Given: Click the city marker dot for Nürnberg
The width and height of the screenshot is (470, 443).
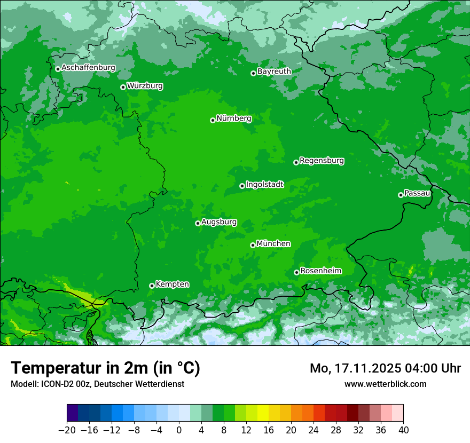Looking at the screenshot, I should tap(213, 120).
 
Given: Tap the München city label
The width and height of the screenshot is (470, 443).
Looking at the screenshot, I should tap(273, 244).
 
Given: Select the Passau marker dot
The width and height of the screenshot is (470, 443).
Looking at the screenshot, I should tap(401, 195).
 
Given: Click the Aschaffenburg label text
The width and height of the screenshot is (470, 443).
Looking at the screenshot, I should tap(88, 68).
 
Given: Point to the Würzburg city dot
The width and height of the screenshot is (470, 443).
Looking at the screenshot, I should tap(123, 87).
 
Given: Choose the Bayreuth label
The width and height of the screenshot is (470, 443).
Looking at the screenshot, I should tap(274, 72).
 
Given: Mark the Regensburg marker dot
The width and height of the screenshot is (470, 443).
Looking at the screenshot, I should tap(296, 162).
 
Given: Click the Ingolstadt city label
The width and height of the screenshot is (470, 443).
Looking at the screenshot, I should tap(264, 185).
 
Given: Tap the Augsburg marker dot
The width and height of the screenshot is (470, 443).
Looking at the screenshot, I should tap(198, 223).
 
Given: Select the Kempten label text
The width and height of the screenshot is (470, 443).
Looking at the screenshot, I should tap(172, 284).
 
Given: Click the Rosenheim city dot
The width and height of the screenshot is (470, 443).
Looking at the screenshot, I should tap(296, 273).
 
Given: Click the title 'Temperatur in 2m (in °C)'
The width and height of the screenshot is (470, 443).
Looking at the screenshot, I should tap(105, 368).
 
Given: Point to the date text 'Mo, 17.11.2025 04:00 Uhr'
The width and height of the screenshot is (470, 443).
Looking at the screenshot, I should tap(385, 368).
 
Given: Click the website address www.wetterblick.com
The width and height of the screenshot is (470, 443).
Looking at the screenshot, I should tap(385, 384).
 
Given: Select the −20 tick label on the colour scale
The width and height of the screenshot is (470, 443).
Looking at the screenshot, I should tap(67, 430).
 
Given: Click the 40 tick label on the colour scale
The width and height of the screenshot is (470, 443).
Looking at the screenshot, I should tap(403, 430).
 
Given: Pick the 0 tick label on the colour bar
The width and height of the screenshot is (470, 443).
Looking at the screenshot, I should tap(179, 430).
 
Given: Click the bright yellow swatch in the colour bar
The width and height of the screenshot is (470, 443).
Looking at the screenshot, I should tap(263, 413).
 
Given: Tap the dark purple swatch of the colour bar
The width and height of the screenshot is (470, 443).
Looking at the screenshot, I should tap(73, 413).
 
